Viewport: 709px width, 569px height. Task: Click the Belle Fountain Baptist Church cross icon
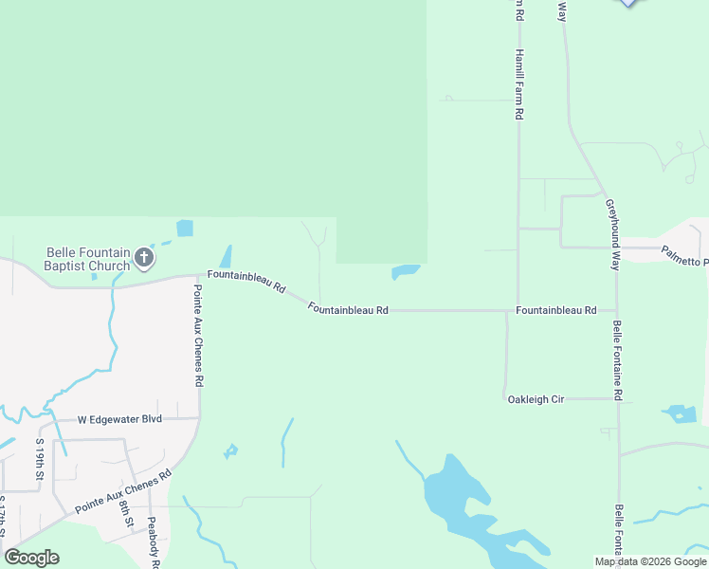(x=144, y=257)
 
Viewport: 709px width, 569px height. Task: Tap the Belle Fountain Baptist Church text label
(x=88, y=259)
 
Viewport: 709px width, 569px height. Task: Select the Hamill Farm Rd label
(x=518, y=84)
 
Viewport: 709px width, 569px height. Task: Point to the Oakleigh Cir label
(x=536, y=399)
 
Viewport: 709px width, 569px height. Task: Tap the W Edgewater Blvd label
(x=119, y=418)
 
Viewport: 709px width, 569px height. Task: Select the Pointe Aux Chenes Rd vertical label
(x=199, y=336)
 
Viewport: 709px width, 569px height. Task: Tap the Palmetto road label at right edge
(x=684, y=256)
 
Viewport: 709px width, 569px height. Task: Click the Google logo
(x=31, y=558)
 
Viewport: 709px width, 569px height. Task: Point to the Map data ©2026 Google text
(x=650, y=561)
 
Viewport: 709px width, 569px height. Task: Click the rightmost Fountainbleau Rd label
(x=556, y=310)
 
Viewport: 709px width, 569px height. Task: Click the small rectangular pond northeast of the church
(x=185, y=228)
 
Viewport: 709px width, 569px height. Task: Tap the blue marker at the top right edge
(x=628, y=3)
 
